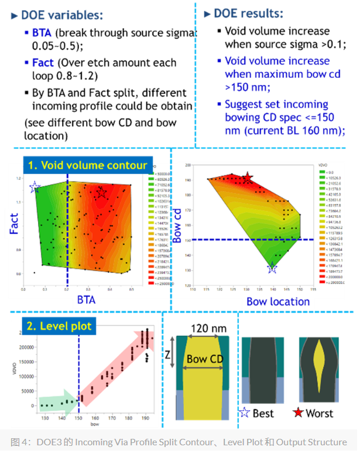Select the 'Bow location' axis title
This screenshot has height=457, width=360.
click(x=278, y=301)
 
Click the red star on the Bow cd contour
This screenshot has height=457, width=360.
click(x=248, y=178)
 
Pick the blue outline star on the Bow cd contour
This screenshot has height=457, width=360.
click(x=272, y=268)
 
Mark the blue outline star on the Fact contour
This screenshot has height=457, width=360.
click(x=35, y=187)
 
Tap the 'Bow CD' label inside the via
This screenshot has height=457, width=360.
click(x=204, y=358)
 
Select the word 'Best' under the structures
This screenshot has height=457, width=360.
click(x=263, y=414)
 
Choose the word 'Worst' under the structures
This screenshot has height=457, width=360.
click(x=320, y=414)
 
